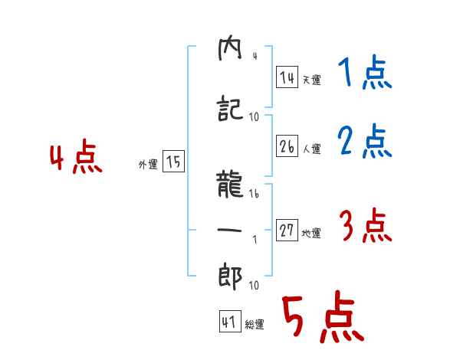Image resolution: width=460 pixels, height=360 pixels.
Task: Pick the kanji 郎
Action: [x=231, y=276]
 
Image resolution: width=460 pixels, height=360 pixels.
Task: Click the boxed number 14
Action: [x=287, y=77]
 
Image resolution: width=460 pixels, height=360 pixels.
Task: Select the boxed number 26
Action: [x=287, y=146]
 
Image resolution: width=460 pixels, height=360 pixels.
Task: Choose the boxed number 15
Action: [x=173, y=162]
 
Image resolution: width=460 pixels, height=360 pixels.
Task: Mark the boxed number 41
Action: [x=228, y=322]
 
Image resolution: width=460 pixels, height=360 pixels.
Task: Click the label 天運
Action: [x=311, y=80]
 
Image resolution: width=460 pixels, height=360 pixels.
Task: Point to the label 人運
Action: [x=311, y=148]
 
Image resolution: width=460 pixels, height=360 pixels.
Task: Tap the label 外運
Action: [x=148, y=164]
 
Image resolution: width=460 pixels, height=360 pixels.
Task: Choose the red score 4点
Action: [x=76, y=159]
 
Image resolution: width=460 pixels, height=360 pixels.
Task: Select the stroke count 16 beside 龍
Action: [x=255, y=195]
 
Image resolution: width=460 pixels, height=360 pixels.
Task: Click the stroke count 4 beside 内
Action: [x=254, y=56]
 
